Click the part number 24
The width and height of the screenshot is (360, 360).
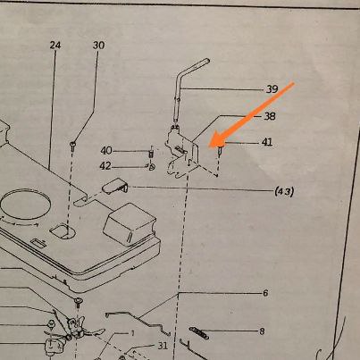[x=55, y=46]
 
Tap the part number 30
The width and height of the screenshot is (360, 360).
[x=98, y=46]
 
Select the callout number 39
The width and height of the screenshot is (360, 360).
[x=272, y=88]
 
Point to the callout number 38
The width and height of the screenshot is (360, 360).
[x=270, y=116]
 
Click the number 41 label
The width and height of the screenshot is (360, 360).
[x=267, y=142]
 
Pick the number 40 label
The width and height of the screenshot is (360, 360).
[x=106, y=151]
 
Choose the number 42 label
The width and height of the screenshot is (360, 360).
[x=105, y=166]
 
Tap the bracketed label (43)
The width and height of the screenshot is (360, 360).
[x=284, y=191]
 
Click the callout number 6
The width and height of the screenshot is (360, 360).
[x=265, y=293]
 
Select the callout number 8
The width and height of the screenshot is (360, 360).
[x=262, y=331]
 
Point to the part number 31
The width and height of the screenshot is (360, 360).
[x=163, y=346]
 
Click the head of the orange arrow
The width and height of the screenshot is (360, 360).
[x=209, y=147]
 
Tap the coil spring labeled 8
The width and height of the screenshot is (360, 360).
[x=199, y=333]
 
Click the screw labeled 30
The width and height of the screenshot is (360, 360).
[x=72, y=145]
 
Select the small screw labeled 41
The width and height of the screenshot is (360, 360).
[x=221, y=150]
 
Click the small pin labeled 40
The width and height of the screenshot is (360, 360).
[x=151, y=155]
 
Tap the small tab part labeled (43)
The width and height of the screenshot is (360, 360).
[x=115, y=186]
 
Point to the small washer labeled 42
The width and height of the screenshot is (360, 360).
[x=152, y=167]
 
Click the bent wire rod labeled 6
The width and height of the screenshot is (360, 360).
[x=138, y=322]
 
